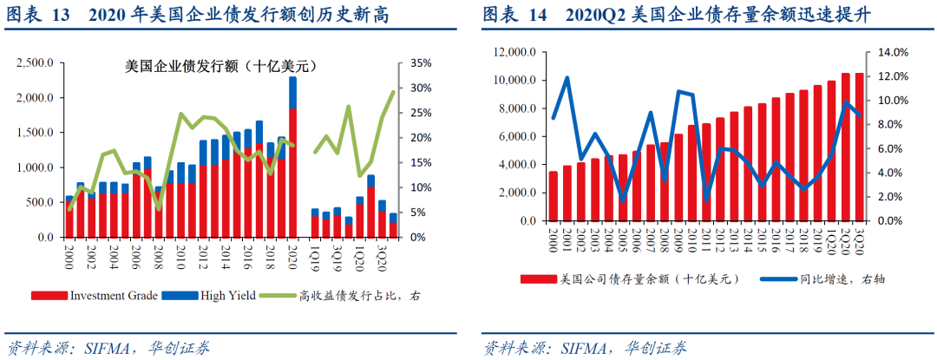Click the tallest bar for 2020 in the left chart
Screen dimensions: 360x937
click(x=292, y=156)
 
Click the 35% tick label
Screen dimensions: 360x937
click(x=421, y=63)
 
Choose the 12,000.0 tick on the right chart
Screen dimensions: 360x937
click(x=512, y=52)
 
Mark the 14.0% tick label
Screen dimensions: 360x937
click(x=894, y=52)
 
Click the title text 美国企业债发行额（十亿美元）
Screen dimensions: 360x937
click(x=216, y=65)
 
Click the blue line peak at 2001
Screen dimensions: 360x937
click(x=567, y=78)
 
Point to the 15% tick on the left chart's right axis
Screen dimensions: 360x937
click(x=421, y=162)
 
